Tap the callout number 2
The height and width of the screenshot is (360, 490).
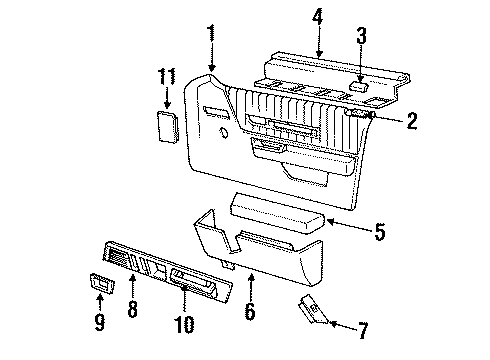pos(413,122)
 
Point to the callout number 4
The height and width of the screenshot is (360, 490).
pos(317,17)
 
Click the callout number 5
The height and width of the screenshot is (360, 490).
pos(379,232)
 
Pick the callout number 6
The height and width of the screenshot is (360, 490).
pos(250,312)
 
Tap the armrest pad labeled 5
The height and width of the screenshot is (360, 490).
pos(279,209)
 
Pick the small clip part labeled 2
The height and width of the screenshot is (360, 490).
pos(359,115)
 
